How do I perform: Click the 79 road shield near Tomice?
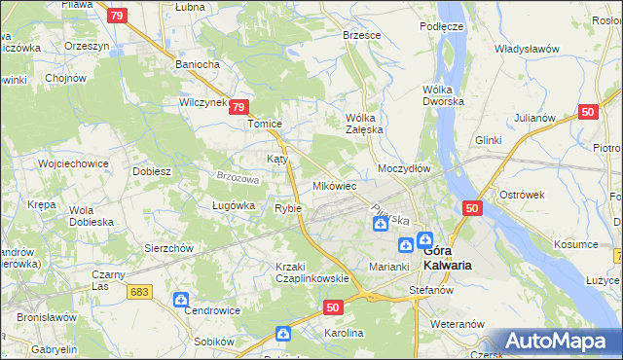(242, 109)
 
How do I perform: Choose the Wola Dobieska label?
(91, 215)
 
